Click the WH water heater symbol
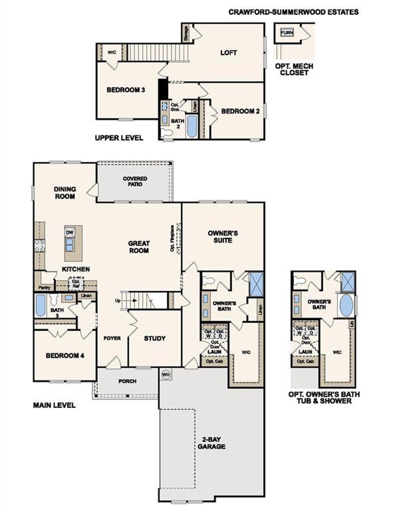[166, 374]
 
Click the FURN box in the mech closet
[287, 32]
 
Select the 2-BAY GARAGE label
[211, 443]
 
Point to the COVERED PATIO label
[135, 181]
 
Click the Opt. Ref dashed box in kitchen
[76, 284]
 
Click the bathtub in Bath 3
[40, 305]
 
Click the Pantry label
[44, 288]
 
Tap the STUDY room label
[155, 338]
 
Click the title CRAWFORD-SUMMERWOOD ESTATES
[293, 12]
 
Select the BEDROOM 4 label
[65, 356]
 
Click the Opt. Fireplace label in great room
[172, 238]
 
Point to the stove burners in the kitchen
[40, 245]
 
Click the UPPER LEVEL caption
[119, 137]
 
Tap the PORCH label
[127, 381]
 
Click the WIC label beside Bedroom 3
[112, 53]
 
